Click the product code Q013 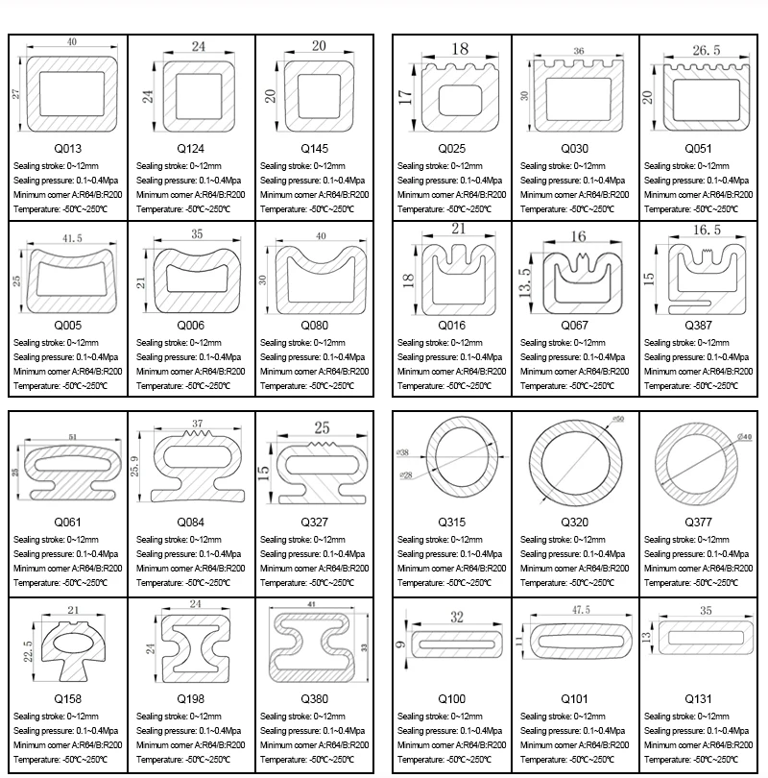[67, 149]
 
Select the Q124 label [190, 149]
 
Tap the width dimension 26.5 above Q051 [706, 49]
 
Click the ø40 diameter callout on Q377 [744, 437]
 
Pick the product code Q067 [574, 326]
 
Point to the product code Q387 [698, 326]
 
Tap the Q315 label [451, 522]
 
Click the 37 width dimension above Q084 [198, 424]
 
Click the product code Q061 [67, 522]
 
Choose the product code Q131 [698, 698]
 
